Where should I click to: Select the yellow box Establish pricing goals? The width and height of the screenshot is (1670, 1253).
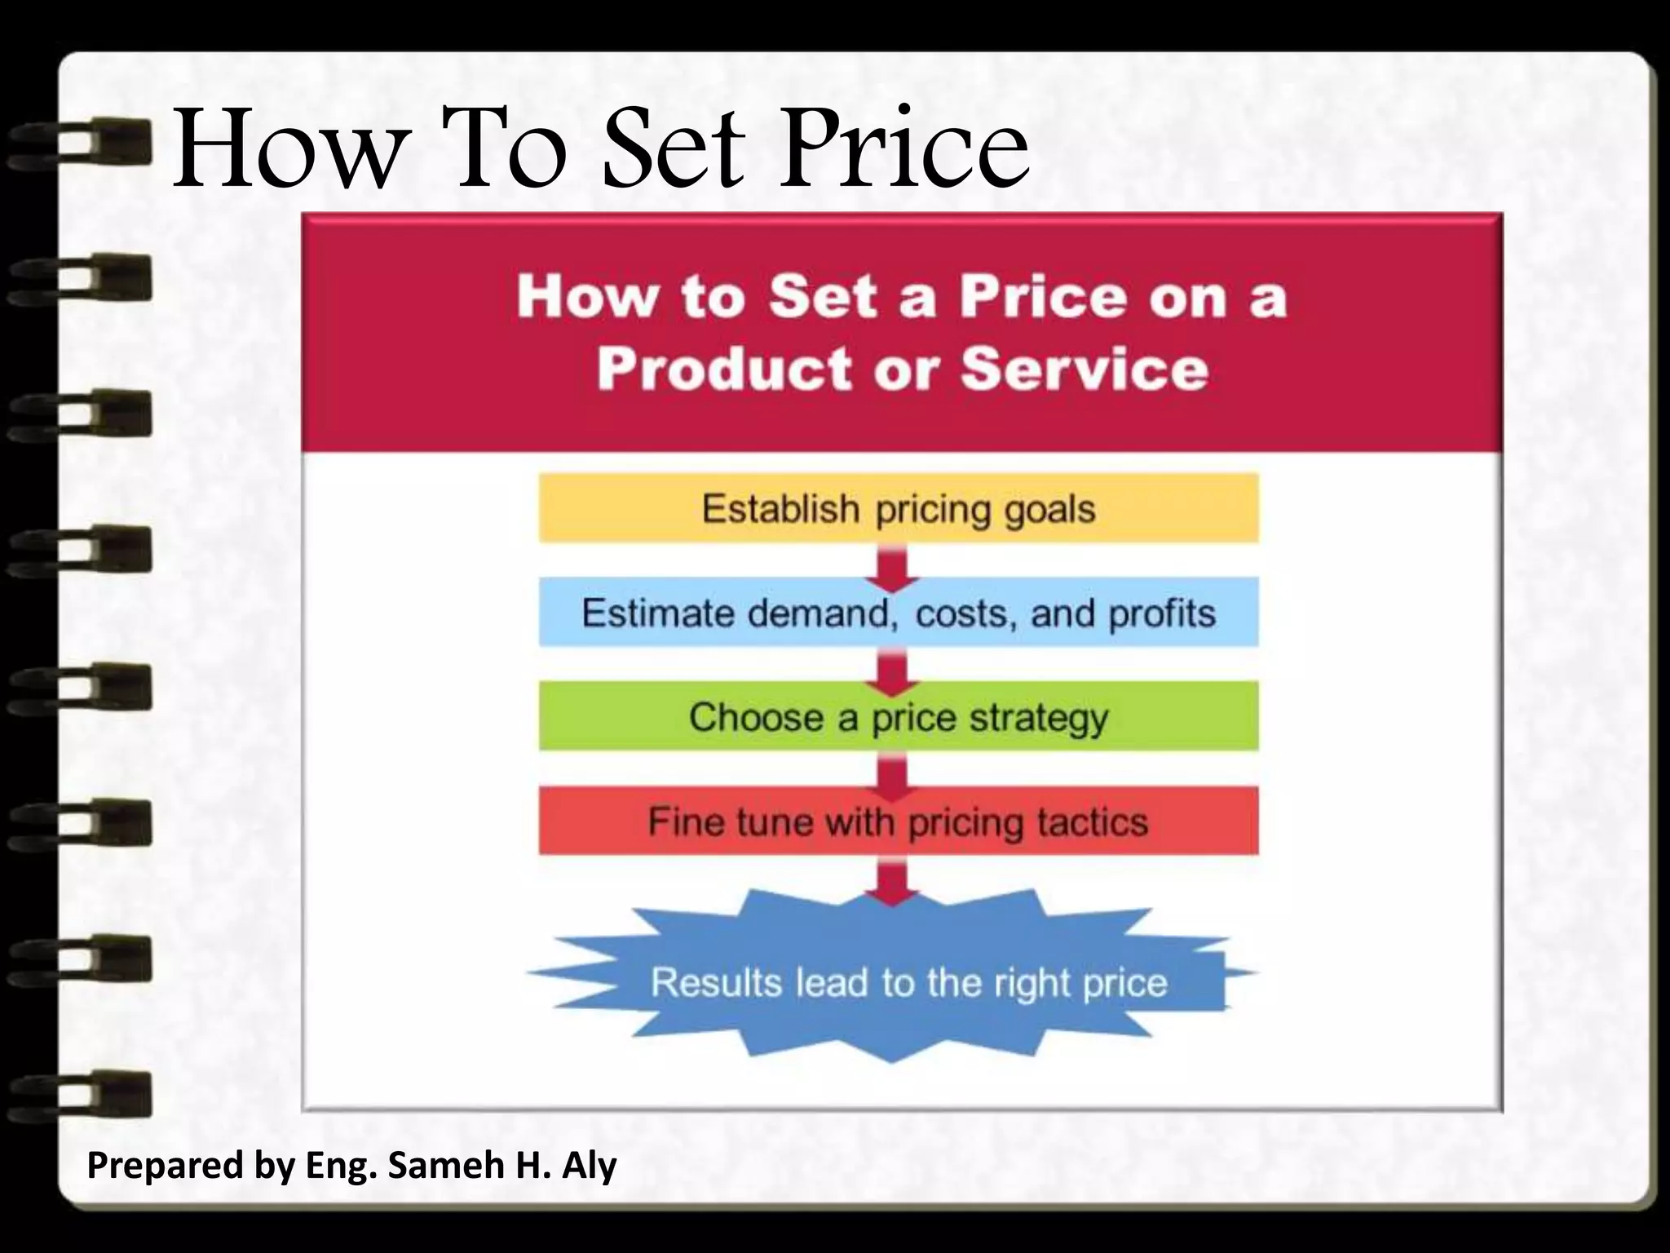pos(898,508)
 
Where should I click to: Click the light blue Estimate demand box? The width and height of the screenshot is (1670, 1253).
pos(898,613)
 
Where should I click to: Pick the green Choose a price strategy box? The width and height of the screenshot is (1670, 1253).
pos(898,717)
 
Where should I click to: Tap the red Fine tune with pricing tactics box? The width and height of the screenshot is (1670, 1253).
pos(898,821)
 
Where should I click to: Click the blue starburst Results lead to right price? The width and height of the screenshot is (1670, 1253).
pos(893,981)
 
